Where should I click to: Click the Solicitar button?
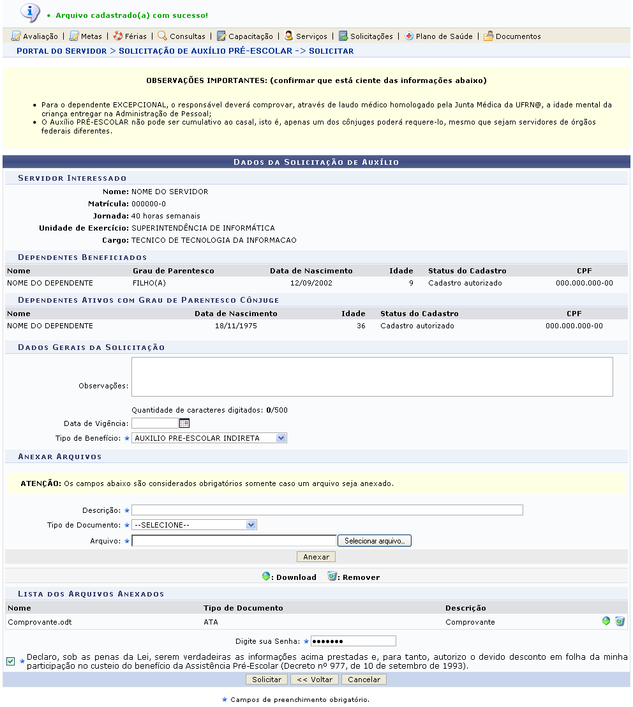(x=266, y=680)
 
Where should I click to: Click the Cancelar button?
(x=364, y=680)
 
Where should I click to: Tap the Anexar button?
(x=316, y=557)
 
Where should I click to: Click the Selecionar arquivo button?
(x=375, y=541)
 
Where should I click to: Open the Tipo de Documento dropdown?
(x=194, y=525)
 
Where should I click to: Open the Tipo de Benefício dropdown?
(x=209, y=438)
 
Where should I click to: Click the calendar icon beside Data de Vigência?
(x=184, y=423)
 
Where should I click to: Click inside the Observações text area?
(x=372, y=377)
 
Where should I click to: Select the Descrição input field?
(x=327, y=510)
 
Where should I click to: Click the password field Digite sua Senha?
(x=353, y=641)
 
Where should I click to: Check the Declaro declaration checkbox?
(x=10, y=661)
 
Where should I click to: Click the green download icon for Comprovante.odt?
(x=606, y=621)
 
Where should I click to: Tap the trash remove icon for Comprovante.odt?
(x=620, y=621)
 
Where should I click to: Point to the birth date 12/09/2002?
(x=311, y=283)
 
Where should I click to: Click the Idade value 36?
(x=361, y=326)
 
